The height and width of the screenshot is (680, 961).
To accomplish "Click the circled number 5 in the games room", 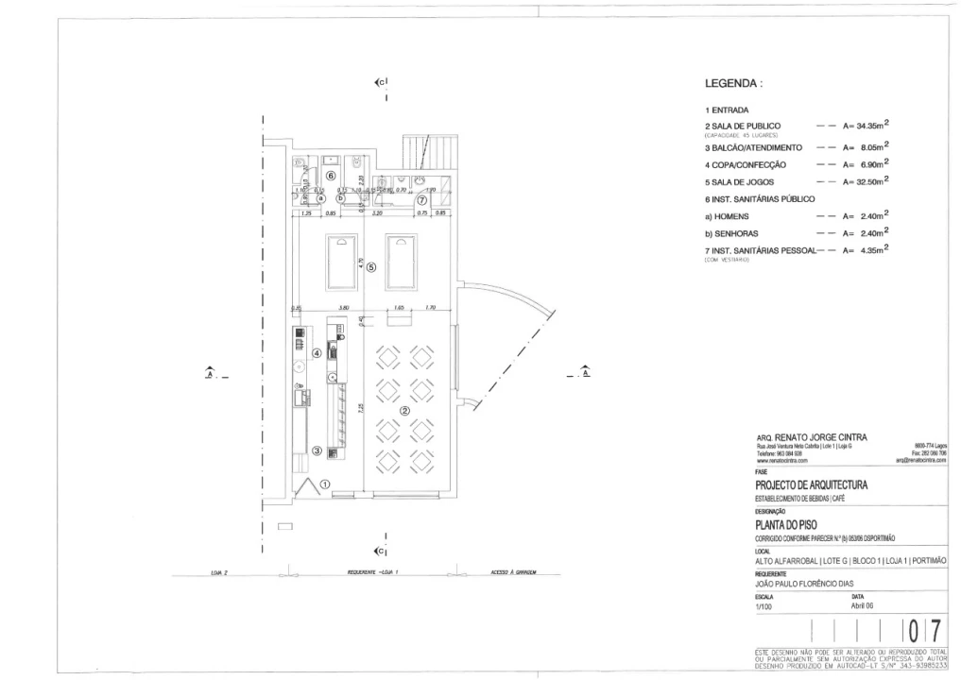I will coord(371,267).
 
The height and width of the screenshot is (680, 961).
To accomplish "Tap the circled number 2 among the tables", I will coord(404,411).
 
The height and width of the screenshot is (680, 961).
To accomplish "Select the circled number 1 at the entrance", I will coord(325,483).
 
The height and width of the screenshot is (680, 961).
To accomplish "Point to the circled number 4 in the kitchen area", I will coord(317,353).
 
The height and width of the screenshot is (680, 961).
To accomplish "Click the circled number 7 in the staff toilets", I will coord(422,199).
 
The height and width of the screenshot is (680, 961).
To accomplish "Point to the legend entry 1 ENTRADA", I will coord(727,110).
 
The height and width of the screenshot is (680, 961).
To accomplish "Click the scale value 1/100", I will coord(764,607).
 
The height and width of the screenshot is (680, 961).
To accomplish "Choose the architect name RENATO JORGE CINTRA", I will coord(819,437).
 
